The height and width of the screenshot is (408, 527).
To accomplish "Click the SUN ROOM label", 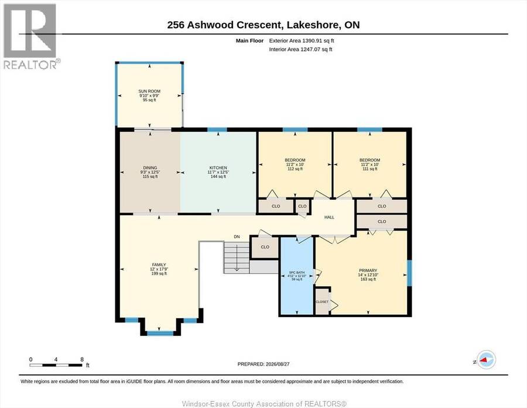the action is (x=149, y=91).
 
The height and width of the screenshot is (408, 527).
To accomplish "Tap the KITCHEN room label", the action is (x=218, y=168).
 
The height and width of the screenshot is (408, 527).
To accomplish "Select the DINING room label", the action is (x=150, y=168).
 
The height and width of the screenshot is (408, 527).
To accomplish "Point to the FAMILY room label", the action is (x=159, y=265).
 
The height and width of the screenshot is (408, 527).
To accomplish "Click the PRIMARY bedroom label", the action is (x=368, y=270).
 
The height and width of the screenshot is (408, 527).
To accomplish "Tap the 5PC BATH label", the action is (x=297, y=273).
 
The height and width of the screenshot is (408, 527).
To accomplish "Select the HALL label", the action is (x=329, y=217).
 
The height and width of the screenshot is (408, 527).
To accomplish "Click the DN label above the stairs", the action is (x=237, y=237).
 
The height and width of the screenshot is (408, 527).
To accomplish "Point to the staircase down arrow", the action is (x=237, y=258).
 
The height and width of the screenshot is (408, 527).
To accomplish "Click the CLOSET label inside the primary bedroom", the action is (x=322, y=302).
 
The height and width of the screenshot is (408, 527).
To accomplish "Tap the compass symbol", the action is (x=486, y=360).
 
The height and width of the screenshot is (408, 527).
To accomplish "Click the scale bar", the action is (x=56, y=365).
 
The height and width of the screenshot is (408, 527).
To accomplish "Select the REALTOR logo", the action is (x=30, y=36).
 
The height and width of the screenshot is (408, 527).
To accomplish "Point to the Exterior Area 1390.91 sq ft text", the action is (x=302, y=40).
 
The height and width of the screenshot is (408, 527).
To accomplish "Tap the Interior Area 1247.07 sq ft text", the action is (x=300, y=49).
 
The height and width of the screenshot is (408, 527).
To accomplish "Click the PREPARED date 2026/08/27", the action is (x=278, y=364).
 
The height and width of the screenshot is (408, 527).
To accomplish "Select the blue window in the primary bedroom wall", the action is (x=409, y=273).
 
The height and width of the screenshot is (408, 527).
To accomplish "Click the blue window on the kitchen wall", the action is (x=217, y=130).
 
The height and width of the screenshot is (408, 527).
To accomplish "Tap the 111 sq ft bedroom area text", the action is (x=369, y=169).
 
